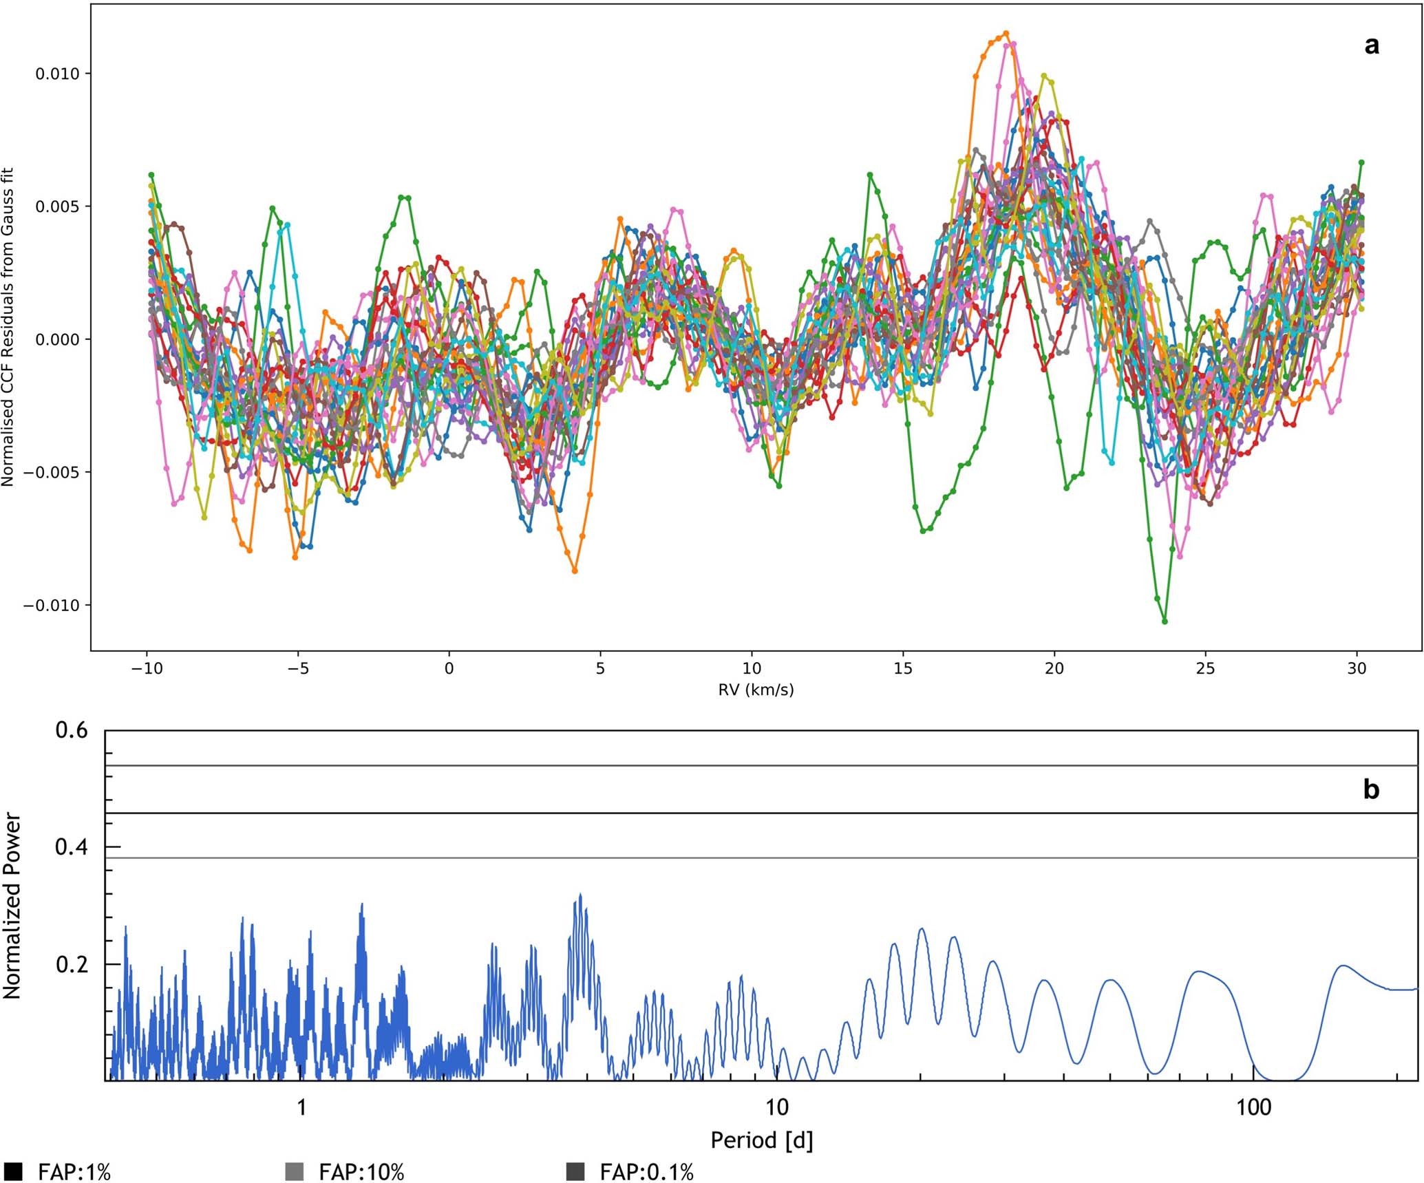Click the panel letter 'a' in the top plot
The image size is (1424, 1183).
[x=1371, y=46]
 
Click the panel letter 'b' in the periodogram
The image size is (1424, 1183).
[x=1371, y=790]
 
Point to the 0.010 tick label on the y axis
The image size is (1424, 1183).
[x=57, y=74]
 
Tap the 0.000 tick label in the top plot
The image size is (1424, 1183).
[x=57, y=340]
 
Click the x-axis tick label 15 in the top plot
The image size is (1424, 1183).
[x=902, y=668]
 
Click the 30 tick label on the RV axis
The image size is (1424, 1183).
[x=1357, y=668]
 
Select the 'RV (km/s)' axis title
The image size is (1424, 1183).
[x=756, y=690]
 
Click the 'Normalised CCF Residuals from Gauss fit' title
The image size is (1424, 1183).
[x=8, y=328]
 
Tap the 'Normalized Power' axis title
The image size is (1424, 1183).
[x=12, y=906]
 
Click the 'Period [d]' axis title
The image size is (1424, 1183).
[x=761, y=1140]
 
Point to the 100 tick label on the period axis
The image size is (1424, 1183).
[x=1253, y=1107]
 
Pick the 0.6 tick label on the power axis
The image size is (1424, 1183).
[x=72, y=730]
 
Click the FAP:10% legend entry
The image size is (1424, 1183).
[x=361, y=1171]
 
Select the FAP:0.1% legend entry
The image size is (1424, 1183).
[x=646, y=1171]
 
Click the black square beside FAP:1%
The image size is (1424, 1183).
[x=13, y=1171]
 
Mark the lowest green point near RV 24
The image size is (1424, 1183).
[x=1165, y=621]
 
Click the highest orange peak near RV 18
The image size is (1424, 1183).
[x=1006, y=33]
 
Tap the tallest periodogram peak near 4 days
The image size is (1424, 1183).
[x=580, y=894]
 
